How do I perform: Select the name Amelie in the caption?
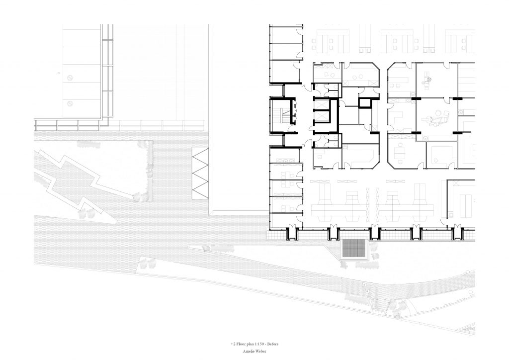point(248,351)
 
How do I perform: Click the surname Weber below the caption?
point(260,351)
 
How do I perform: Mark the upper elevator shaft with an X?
point(322,104)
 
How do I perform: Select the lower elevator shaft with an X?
point(322,116)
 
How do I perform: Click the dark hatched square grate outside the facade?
point(354,250)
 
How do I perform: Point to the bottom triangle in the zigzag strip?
point(200,192)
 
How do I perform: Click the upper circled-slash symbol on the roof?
point(70,78)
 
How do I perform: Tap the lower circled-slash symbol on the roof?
point(70,104)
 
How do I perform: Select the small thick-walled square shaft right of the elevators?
point(365,103)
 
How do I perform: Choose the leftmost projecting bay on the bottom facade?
point(292,233)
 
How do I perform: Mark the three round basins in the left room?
point(285,160)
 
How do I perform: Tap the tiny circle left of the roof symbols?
point(59,73)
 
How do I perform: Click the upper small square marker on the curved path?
point(364,284)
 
